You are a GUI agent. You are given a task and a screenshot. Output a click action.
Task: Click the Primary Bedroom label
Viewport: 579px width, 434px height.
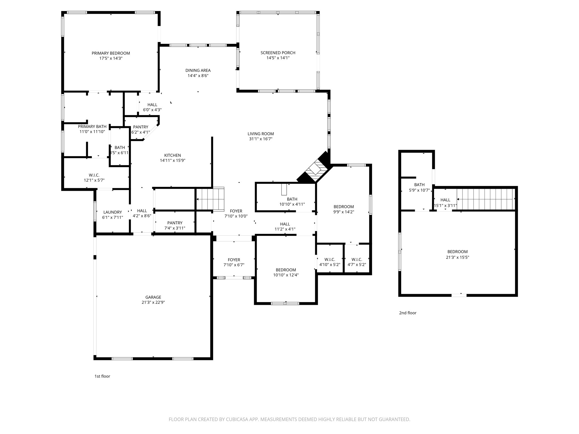111,53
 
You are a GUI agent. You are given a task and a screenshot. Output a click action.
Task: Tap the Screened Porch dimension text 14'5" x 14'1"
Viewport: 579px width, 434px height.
278,58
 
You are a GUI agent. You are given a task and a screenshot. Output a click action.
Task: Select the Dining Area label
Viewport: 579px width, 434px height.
198,70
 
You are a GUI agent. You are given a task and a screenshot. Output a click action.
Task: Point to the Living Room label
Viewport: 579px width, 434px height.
261,134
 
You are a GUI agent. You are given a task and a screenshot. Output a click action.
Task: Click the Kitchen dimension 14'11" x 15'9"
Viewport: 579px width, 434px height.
172,160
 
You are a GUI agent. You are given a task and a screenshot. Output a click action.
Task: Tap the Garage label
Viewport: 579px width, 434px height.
153,297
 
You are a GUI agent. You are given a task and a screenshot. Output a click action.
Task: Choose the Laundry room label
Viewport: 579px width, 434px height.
113,212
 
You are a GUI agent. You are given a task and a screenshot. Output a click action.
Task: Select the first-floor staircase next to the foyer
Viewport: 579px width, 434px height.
210,199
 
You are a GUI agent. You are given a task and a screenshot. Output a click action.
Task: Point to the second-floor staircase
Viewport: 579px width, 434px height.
486,199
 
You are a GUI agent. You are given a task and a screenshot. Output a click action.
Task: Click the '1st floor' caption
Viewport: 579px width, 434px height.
102,376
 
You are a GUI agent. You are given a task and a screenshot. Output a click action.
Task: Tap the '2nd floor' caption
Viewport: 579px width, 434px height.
408,313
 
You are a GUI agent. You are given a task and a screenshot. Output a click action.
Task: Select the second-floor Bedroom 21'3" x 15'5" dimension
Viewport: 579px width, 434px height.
457,257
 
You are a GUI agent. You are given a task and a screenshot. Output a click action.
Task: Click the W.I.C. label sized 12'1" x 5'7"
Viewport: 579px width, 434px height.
94,175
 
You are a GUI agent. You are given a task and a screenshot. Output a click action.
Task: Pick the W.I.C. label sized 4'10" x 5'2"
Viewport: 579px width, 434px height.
330,259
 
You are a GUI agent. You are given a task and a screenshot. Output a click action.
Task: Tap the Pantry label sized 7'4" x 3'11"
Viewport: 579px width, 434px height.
175,223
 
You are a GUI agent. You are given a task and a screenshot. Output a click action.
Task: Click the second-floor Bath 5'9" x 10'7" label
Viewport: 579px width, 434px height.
419,185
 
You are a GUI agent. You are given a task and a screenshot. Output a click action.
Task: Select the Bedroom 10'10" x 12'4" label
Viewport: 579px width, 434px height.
286,270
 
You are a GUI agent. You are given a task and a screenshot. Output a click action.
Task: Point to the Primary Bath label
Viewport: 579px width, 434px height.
92,127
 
